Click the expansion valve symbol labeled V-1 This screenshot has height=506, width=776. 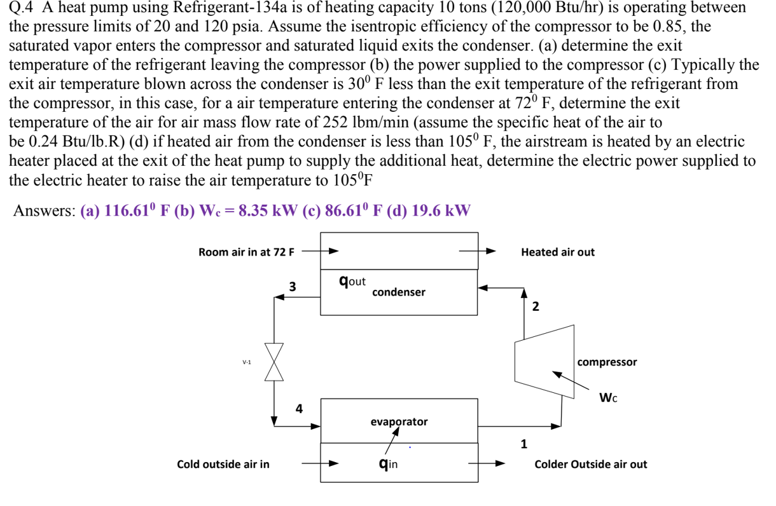[x=274, y=363]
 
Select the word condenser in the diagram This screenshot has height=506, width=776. [x=398, y=292]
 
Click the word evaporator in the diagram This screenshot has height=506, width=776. [x=399, y=421]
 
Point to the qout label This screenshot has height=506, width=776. [x=352, y=280]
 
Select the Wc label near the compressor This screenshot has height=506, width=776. [x=608, y=399]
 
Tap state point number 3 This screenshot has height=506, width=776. [x=292, y=286]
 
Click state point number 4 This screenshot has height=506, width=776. [x=298, y=408]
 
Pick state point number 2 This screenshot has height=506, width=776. [x=535, y=307]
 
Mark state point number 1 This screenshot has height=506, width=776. [x=523, y=444]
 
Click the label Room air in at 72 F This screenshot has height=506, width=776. [x=246, y=252]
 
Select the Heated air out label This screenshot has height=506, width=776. [x=557, y=252]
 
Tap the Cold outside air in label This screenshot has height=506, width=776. [x=223, y=464]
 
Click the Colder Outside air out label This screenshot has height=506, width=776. [x=590, y=464]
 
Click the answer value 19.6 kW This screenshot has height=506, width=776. [x=438, y=211]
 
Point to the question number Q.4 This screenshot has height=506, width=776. [x=22, y=8]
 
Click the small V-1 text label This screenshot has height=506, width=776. [x=247, y=362]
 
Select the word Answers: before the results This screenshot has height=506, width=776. [x=45, y=211]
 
